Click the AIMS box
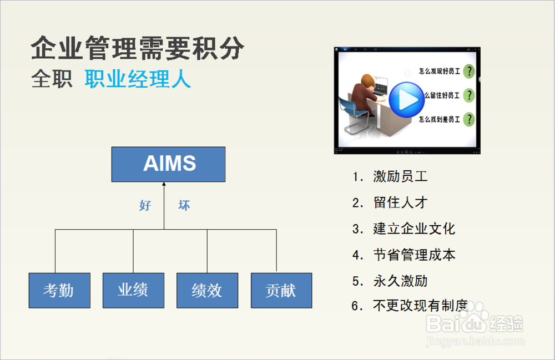[x=168, y=164]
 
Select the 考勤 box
[x=59, y=290]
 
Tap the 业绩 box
[x=133, y=290]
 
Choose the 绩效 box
[x=208, y=290]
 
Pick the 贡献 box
[x=281, y=290]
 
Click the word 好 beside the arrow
[x=145, y=205]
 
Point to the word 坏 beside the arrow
[x=184, y=205]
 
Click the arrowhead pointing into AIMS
[x=164, y=184]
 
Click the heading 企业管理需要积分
[x=138, y=48]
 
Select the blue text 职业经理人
[x=138, y=79]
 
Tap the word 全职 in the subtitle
[x=52, y=79]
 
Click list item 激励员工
[x=400, y=176]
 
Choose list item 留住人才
[x=400, y=202]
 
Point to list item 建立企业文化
[x=414, y=229]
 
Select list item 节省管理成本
[x=414, y=255]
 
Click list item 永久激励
[x=400, y=281]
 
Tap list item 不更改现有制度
[x=421, y=305]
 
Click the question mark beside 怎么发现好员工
[x=469, y=71]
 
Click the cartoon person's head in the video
[x=367, y=82]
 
